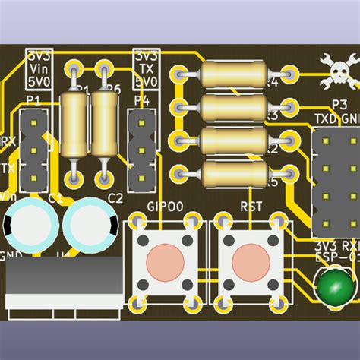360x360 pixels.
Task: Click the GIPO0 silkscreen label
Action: [x=165, y=206]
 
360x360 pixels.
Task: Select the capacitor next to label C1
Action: [x=28, y=224]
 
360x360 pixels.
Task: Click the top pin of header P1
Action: [x=34, y=122]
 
